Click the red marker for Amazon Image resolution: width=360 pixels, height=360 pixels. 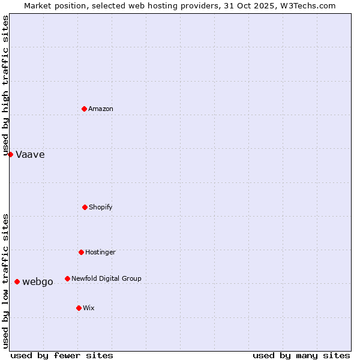coord(85,109)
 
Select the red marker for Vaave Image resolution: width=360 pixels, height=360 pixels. coord(10,154)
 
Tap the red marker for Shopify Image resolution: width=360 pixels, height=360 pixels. coord(85,207)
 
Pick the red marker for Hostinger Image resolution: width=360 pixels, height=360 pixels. coord(81,252)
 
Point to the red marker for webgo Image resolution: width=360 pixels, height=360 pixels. coord(17,281)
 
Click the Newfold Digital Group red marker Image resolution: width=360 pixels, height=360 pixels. coord(67,278)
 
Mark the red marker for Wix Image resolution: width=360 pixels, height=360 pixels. coord(79,308)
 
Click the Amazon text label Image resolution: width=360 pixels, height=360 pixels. coord(101,109)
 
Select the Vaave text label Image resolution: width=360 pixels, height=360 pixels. coord(30,154)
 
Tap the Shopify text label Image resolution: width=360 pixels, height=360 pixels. coord(101,207)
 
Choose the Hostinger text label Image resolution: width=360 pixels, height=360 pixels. coord(100,252)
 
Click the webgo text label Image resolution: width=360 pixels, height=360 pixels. coord(38,282)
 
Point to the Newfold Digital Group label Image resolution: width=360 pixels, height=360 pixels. coord(106,278)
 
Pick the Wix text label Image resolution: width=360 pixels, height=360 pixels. coord(89,308)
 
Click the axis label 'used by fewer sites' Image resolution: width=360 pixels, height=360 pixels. coord(62,355)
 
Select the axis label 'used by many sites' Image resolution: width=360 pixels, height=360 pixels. coord(301,355)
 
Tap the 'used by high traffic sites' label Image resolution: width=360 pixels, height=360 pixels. coord(6,85)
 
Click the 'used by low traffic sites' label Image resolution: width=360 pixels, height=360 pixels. coord(6,281)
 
